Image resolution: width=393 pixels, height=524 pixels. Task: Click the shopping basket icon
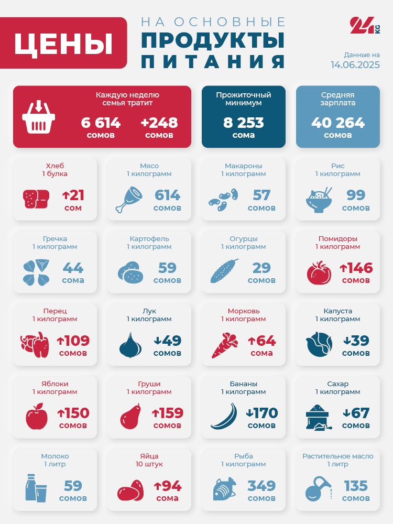(x=39, y=117)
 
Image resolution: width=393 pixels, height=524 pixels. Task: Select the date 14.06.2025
(x=355, y=65)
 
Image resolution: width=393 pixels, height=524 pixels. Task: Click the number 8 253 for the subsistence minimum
(x=244, y=123)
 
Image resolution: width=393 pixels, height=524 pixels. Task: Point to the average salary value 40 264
(x=338, y=123)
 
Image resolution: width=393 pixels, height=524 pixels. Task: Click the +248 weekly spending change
(x=159, y=123)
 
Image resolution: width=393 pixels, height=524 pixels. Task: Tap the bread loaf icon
(x=36, y=199)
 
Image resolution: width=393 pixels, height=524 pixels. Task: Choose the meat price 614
(x=167, y=195)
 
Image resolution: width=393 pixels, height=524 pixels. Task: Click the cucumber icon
(x=224, y=271)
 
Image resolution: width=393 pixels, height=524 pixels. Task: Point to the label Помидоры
(x=337, y=238)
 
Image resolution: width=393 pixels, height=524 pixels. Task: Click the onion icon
(x=130, y=345)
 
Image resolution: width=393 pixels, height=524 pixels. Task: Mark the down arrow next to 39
(x=346, y=341)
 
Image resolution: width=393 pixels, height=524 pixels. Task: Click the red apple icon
(x=37, y=417)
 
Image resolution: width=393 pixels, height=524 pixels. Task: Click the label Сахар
(x=337, y=384)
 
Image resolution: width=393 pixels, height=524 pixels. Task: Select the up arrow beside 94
(x=157, y=486)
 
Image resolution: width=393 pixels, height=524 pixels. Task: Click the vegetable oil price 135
(x=356, y=486)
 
